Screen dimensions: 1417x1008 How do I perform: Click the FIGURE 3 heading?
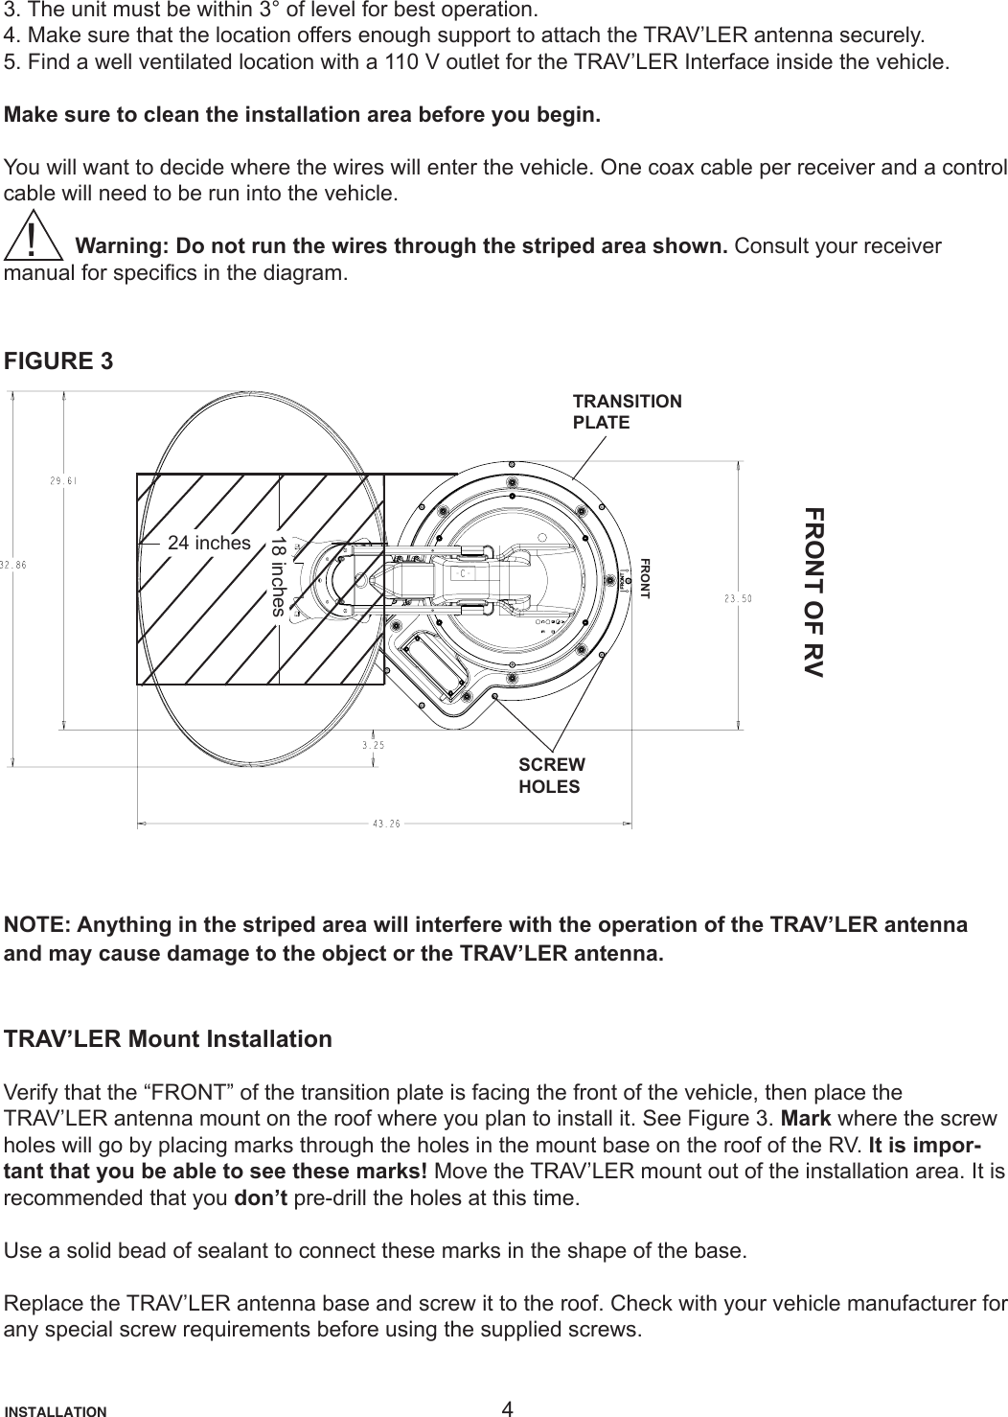coord(58,362)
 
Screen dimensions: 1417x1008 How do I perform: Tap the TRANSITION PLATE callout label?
coord(627,411)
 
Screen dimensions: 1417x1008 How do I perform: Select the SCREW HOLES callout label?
coord(550,775)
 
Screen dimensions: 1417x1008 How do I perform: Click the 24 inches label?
coord(209,543)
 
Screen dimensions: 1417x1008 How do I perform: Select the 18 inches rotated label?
coord(277,575)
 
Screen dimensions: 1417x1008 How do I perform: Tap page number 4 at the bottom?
coord(507,1408)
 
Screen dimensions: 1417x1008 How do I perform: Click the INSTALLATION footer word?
coord(57,1411)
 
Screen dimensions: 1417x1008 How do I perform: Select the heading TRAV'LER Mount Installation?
coord(169,1040)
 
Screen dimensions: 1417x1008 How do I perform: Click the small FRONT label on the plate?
coord(645,578)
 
